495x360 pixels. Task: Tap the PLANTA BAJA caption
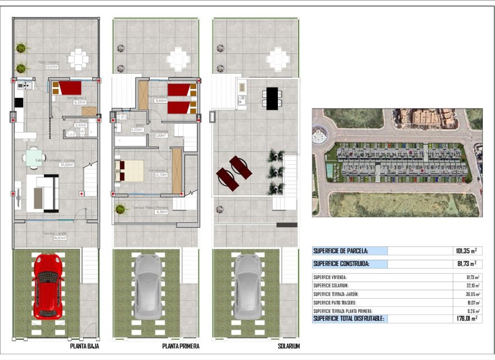85,346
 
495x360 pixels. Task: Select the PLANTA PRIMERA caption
180,346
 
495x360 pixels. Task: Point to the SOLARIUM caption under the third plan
289,346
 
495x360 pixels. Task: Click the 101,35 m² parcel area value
466,251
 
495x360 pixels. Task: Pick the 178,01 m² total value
466,318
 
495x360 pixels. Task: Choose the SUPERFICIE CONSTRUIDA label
341,264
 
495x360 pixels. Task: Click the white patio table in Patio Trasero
78,57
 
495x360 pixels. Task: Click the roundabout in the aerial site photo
324,135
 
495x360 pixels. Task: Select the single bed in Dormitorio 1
68,88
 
